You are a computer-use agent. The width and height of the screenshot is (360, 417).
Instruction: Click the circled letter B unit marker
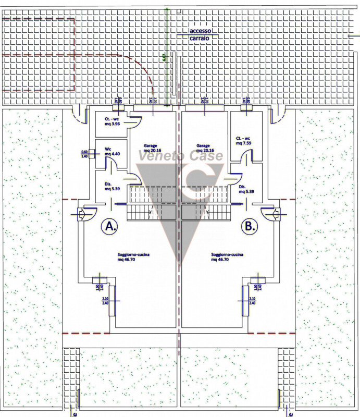pyautogui.click(x=250, y=226)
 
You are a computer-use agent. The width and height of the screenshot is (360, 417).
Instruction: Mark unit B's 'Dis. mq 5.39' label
pyautogui.click(x=245, y=189)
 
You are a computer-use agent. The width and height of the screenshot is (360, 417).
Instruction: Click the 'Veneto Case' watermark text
pyautogui.click(x=180, y=156)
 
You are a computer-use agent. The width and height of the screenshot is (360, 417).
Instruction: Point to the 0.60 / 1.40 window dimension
pyautogui.click(x=84, y=154)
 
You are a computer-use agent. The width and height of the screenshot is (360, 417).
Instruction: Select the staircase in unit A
pyautogui.click(x=152, y=204)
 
